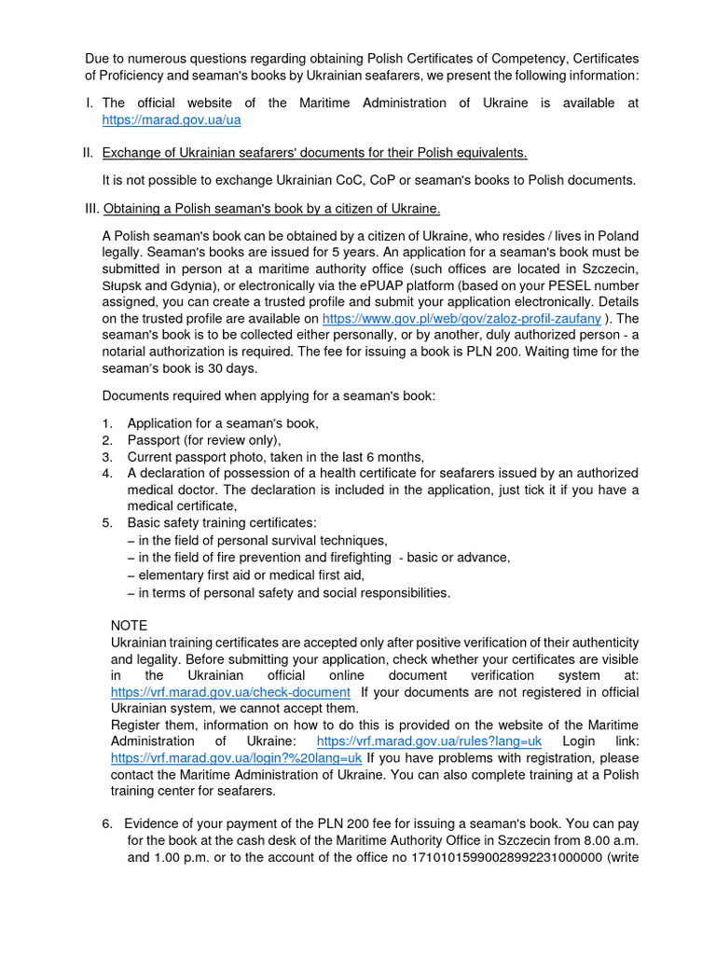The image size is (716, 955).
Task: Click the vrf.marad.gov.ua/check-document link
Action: pyautogui.click(x=230, y=692)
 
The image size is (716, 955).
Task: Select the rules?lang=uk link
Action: pyautogui.click(x=429, y=740)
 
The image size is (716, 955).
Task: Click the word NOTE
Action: pyautogui.click(x=129, y=626)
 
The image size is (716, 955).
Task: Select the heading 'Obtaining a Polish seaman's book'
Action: pyautogui.click(x=271, y=208)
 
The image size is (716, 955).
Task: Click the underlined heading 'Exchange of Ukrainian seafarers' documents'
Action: pyautogui.click(x=314, y=153)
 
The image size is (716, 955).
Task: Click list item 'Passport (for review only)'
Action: pyautogui.click(x=204, y=440)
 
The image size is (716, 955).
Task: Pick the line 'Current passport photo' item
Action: pyautogui.click(x=275, y=457)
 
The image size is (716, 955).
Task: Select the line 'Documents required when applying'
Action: pyautogui.click(x=268, y=395)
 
